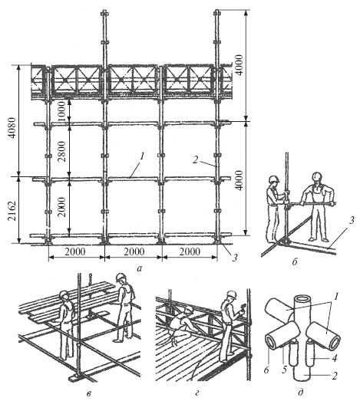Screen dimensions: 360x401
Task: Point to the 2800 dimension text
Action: pyautogui.click(x=62, y=151)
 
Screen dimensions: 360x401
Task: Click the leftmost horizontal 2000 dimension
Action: pyautogui.click(x=74, y=252)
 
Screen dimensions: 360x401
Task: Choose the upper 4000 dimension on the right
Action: pyautogui.click(x=239, y=64)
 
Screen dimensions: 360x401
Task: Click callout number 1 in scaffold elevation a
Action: pyautogui.click(x=142, y=156)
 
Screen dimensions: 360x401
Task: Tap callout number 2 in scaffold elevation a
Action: pyautogui.click(x=195, y=160)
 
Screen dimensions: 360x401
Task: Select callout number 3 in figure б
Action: pyautogui.click(x=352, y=220)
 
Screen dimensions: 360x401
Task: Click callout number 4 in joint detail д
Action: pyautogui.click(x=335, y=358)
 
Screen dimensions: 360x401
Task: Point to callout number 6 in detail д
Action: pyautogui.click(x=266, y=370)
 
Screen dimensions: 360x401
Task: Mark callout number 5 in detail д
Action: pyautogui.click(x=284, y=370)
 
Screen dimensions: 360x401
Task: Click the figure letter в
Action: pyautogui.click(x=88, y=394)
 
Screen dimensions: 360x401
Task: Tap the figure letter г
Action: pyautogui.click(x=197, y=394)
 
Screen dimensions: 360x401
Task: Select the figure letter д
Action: pyautogui.click(x=301, y=392)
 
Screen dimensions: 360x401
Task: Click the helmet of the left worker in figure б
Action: pyautogui.click(x=274, y=179)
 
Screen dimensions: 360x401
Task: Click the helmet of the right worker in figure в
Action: pyautogui.click(x=121, y=278)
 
